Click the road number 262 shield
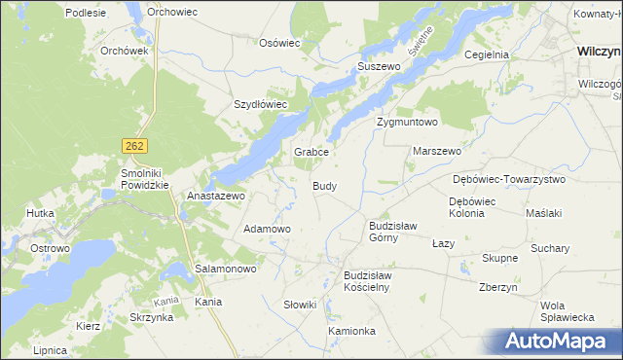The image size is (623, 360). pyautogui.click(x=135, y=145)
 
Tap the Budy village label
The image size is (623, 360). pyautogui.click(x=325, y=185)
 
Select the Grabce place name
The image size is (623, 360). pyautogui.click(x=312, y=153)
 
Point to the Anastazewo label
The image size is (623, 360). pyautogui.click(x=215, y=196)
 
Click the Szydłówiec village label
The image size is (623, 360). pyautogui.click(x=260, y=104)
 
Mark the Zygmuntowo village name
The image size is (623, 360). pyautogui.click(x=408, y=123)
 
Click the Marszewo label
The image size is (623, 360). pyautogui.click(x=437, y=152)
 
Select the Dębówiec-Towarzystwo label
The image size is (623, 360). pyautogui.click(x=509, y=180)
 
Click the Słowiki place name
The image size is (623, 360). pyautogui.click(x=300, y=305)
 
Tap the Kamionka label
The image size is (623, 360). pyautogui.click(x=351, y=331)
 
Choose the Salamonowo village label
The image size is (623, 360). pyautogui.click(x=226, y=268)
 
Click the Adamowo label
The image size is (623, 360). pyautogui.click(x=267, y=229)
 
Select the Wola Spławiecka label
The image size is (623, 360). pyautogui.click(x=568, y=311)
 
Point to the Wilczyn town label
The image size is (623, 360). pyautogui.click(x=599, y=50)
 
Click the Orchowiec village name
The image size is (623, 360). pyautogui.click(x=172, y=13)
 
